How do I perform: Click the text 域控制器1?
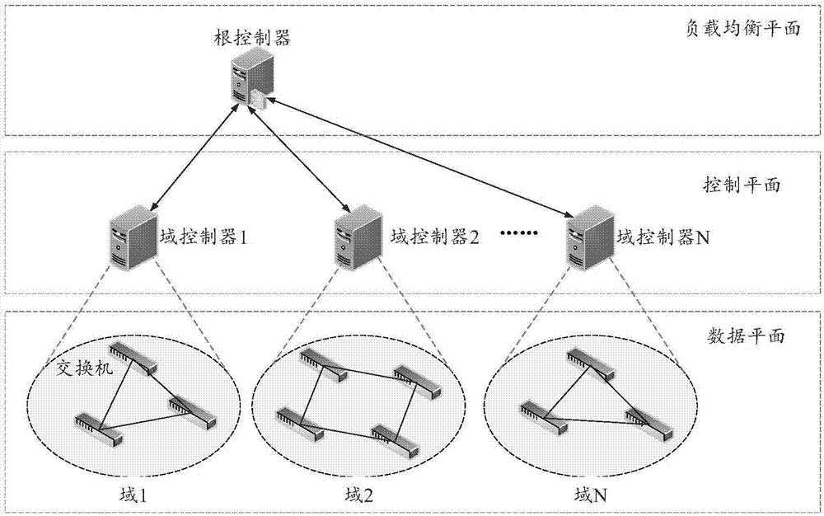click(x=203, y=237)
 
